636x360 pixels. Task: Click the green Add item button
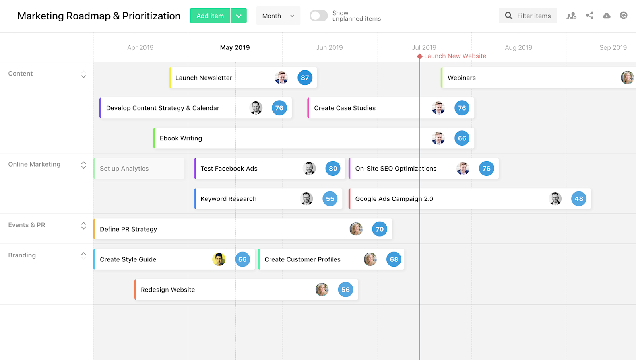(x=210, y=16)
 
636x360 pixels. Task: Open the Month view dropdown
(x=278, y=16)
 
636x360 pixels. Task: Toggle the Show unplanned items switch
(x=318, y=16)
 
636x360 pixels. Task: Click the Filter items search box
(x=527, y=16)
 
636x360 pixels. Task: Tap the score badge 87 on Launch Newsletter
(x=305, y=78)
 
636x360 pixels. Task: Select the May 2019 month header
(x=235, y=48)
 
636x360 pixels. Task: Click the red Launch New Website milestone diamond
(x=419, y=56)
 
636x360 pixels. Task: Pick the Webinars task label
(x=461, y=78)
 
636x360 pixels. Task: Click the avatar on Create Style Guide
(x=219, y=259)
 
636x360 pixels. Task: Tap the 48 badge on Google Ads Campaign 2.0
(x=578, y=199)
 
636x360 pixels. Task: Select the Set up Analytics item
(x=124, y=169)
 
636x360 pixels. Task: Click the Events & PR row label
(x=27, y=225)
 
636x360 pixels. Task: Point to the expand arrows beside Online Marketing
(x=83, y=165)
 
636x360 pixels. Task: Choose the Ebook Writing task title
(x=181, y=138)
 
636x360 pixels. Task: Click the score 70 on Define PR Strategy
(x=380, y=229)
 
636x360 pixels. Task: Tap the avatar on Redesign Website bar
(x=322, y=290)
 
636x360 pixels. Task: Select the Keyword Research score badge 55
(x=330, y=199)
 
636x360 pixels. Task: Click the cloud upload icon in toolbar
(x=607, y=16)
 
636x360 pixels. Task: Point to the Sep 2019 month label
(x=613, y=48)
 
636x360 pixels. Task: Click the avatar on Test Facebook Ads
(x=309, y=169)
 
